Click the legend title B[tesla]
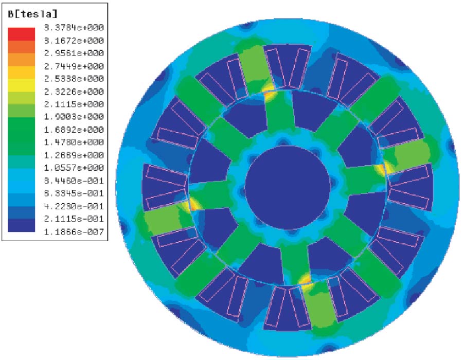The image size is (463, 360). click(32, 14)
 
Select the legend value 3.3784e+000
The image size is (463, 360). click(74, 28)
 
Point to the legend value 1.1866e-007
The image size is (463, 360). click(74, 232)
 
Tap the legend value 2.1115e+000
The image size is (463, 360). click(74, 104)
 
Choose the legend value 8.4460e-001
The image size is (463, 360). click(74, 181)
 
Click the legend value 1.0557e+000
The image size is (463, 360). click(74, 168)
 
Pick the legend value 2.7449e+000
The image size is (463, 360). click(74, 66)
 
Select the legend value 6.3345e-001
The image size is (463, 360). click(74, 193)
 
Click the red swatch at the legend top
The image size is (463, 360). click(21, 34)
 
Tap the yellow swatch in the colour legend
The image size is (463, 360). click(21, 85)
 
